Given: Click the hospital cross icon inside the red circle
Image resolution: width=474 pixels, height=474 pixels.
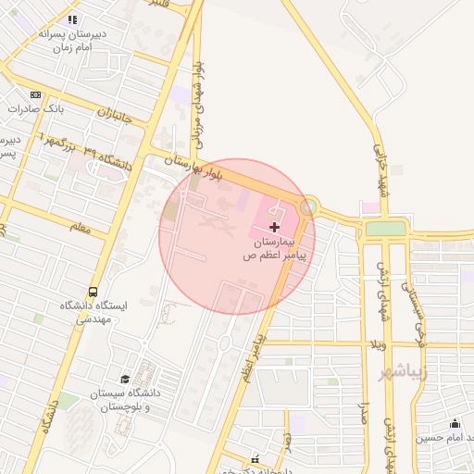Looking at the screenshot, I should coord(274,227).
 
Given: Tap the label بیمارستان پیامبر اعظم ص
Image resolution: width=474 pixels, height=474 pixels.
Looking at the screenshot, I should coord(274,250).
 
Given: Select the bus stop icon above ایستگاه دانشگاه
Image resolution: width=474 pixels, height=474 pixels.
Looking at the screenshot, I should coord(92,290).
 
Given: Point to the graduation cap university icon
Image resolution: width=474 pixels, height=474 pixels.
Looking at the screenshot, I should coord(125,379).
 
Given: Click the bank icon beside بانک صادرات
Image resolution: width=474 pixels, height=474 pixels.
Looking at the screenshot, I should coord(36,94).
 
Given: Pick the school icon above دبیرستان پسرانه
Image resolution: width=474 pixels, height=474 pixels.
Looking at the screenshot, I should coord(73,19).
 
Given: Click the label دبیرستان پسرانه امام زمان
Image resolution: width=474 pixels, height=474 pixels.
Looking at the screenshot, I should coord(73,40).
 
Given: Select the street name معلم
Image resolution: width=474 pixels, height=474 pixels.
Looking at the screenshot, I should coord(81,227).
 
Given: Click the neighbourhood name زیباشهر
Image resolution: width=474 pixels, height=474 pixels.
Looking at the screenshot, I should coord(405,373).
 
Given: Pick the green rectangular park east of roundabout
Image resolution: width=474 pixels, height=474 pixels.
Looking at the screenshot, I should coord(385,228).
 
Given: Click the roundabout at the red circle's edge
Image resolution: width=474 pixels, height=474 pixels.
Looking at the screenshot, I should coord(307,207).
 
